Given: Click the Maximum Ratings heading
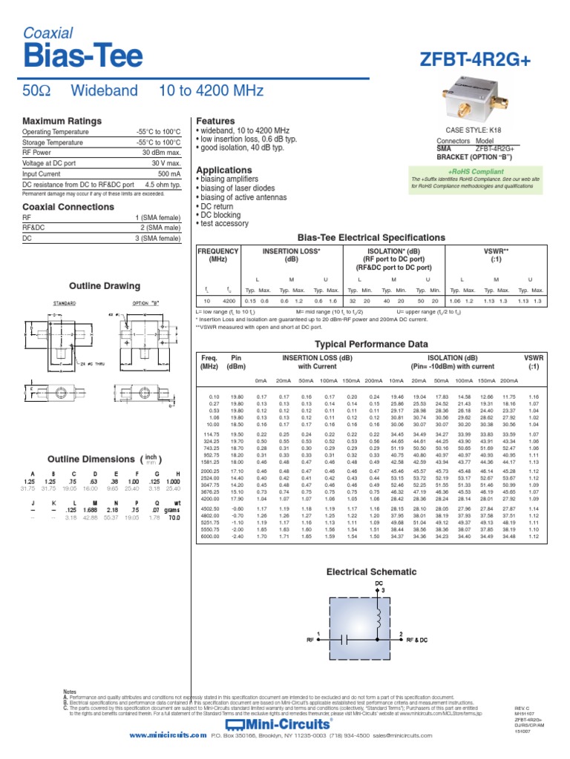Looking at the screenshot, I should click(x=62, y=121).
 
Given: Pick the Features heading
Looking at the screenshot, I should click(x=214, y=121).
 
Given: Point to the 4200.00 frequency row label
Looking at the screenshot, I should click(x=210, y=499).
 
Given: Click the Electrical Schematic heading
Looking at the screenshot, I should click(x=372, y=571).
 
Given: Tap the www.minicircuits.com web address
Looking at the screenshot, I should click(x=168, y=735).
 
